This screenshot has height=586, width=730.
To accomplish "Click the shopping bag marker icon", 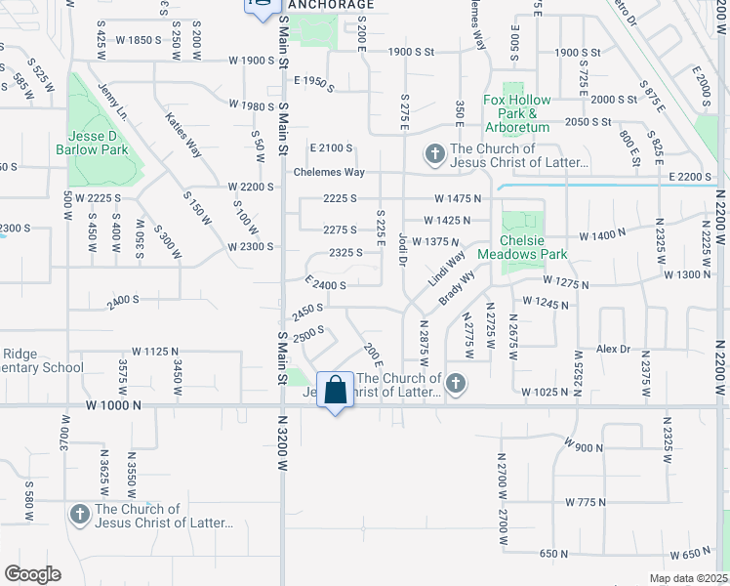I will (336, 391).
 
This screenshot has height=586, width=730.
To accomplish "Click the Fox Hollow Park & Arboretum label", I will (517, 113).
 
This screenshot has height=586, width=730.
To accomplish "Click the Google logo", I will (32, 574).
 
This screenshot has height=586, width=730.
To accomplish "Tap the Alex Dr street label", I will (615, 349).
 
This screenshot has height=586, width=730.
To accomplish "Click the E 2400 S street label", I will (326, 284).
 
